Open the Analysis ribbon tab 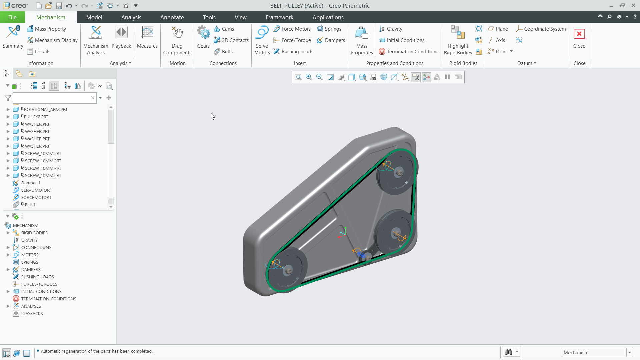coord(131,17)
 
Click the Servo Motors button coord(262,40)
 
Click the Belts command coord(227,51)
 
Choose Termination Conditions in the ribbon coord(412,51)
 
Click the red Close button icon coord(579,34)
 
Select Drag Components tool coord(177,40)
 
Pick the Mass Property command coord(50,29)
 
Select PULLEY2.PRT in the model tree coord(36,117)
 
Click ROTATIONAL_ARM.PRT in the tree coord(46,109)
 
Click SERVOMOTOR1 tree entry coord(36,190)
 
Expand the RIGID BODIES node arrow coord(8,233)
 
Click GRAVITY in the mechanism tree coord(29,240)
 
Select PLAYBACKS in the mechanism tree coord(32,313)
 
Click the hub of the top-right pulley coord(399,172)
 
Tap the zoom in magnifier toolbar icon coord(309,77)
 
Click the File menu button coord(12,17)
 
